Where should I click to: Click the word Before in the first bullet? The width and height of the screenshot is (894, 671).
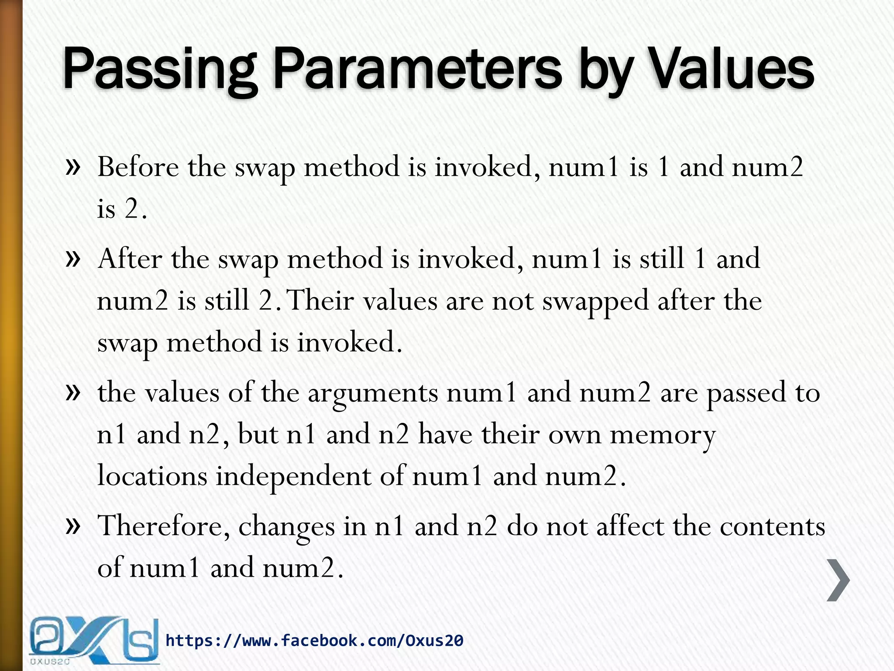point(138,167)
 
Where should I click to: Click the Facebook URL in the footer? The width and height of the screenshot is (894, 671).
point(314,641)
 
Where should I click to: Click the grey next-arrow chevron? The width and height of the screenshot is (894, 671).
point(838,580)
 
